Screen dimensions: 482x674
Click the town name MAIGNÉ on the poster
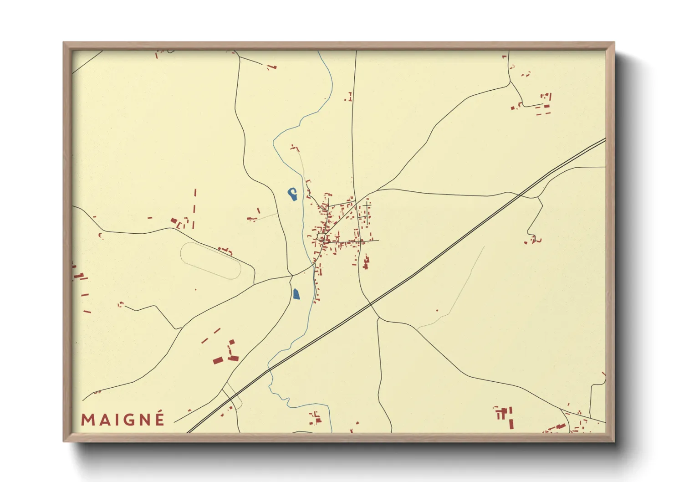pyautogui.click(x=123, y=419)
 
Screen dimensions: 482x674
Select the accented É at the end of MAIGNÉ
pyautogui.click(x=159, y=418)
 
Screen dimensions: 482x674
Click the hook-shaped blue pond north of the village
pyautogui.click(x=292, y=194)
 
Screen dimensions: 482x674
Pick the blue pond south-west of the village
pyautogui.click(x=296, y=294)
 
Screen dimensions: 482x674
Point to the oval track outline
pyautogui.click(x=210, y=260)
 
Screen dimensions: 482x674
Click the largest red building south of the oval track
pyautogui.click(x=218, y=361)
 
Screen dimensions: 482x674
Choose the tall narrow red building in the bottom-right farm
pyautogui.click(x=511, y=424)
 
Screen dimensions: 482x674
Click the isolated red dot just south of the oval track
pyautogui.click(x=196, y=289)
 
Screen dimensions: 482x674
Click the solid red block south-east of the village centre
pyautogui.click(x=365, y=263)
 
